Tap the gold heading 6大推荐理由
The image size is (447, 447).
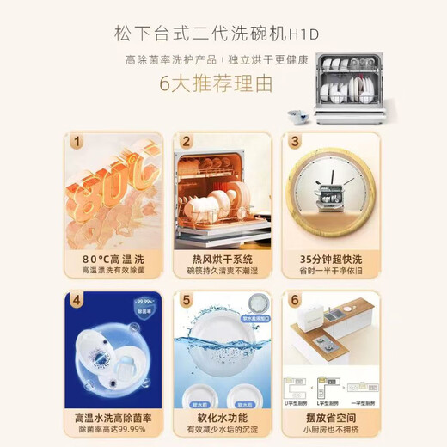click(x=223, y=84)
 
